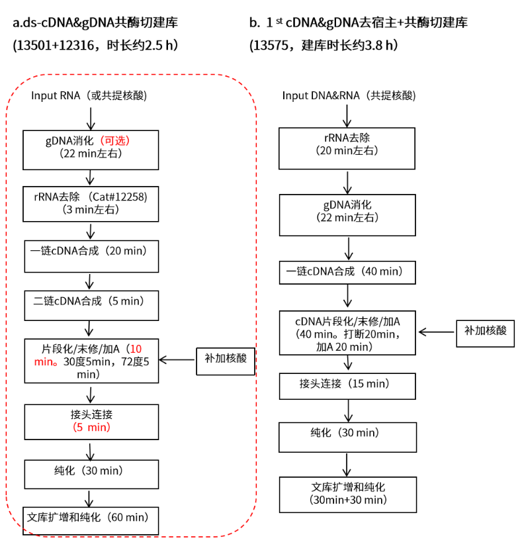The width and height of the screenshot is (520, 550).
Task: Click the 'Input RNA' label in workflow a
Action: click(54, 95)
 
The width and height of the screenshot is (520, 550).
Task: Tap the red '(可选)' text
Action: click(116, 140)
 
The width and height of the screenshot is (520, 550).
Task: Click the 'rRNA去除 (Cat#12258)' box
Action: click(91, 203)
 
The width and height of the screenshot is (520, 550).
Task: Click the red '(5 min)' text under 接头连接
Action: click(91, 428)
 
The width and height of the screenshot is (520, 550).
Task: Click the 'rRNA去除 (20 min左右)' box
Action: click(347, 145)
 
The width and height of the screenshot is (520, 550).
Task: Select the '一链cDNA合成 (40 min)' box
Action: click(347, 272)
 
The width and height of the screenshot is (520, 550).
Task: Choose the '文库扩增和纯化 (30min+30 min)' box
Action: click(347, 494)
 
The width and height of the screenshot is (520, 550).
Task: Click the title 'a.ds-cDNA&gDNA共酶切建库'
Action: click(95, 23)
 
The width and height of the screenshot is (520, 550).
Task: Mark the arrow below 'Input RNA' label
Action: click(91, 117)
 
